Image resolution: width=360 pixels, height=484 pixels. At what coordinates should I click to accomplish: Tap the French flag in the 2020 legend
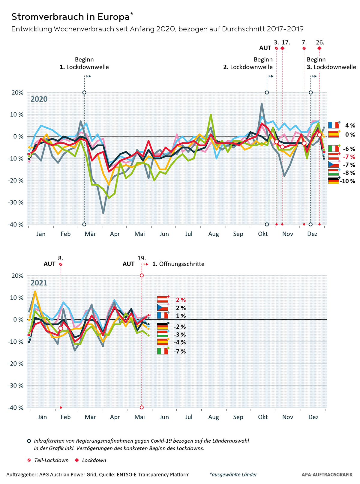coord(333,125)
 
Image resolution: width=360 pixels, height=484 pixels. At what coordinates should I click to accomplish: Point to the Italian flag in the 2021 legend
coord(163,351)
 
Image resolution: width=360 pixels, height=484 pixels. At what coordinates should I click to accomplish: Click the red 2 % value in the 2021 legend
coord(181,300)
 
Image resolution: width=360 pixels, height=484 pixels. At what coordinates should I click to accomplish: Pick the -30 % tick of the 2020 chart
coord(17,202)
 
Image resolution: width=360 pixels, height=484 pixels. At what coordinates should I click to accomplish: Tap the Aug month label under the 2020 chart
coord(214,234)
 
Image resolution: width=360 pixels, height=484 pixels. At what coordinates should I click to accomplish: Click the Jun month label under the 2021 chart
coord(164,417)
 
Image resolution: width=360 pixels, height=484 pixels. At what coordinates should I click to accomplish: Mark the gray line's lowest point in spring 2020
coord(103,213)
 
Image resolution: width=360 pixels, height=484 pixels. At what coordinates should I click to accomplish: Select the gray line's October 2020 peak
coord(262,104)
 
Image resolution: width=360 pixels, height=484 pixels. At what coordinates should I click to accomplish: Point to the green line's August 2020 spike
coord(211,115)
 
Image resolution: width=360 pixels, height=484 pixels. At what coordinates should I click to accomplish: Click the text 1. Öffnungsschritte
coord(178,264)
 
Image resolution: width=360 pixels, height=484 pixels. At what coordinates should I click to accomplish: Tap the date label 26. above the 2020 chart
coord(320,42)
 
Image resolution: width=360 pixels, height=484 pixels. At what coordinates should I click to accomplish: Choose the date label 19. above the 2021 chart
coord(142,258)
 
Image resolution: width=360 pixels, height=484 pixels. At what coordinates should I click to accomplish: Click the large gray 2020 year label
coord(39,99)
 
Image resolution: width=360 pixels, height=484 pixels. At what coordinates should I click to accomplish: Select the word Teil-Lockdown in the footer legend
coord(51,460)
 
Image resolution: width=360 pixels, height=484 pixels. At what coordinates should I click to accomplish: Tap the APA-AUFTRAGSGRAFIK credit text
coord(327,475)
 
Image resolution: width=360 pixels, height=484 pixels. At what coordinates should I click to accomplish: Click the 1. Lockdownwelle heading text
coord(84,67)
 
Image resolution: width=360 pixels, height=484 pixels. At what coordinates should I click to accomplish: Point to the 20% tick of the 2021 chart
coord(17,276)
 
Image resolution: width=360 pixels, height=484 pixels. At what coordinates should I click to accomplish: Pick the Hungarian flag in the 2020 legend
coord(333,173)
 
